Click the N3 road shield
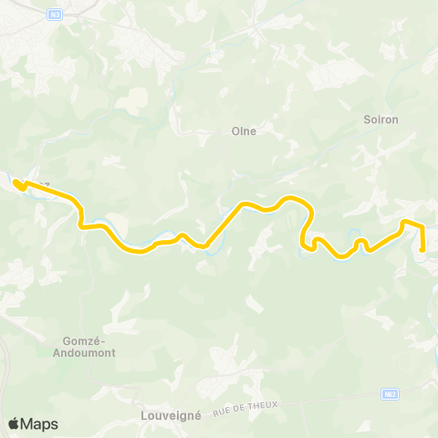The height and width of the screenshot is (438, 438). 57,15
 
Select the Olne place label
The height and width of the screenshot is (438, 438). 244,130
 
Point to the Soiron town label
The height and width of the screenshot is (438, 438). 381,119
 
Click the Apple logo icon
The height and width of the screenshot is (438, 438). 14,423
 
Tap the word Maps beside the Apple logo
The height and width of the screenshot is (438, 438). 39,424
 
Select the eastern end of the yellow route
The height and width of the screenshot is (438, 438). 422,247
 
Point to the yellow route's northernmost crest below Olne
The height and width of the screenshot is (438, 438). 290,198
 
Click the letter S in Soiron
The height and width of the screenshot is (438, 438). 366,119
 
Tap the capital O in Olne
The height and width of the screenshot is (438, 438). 235,130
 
